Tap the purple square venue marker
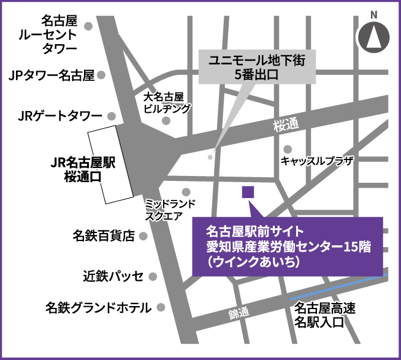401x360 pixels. pyautogui.click(x=248, y=193)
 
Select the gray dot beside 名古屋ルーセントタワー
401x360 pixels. pyautogui.click(x=89, y=26)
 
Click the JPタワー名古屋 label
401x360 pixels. pyautogui.click(x=52, y=75)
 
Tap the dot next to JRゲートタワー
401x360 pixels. pyautogui.click(x=111, y=115)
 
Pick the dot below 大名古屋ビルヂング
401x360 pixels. pyautogui.click(x=166, y=121)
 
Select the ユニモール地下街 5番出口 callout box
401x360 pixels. pyautogui.click(x=258, y=67)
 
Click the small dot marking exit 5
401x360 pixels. pyautogui.click(x=210, y=156)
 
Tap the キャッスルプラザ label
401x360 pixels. pyautogui.click(x=317, y=161)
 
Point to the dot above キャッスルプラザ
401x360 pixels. pyautogui.click(x=288, y=148)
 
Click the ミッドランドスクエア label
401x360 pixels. pyautogui.click(x=170, y=209)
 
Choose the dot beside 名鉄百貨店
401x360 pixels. pyautogui.click(x=143, y=236)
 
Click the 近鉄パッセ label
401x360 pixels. pyautogui.click(x=113, y=275)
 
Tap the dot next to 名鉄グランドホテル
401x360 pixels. pyautogui.click(x=161, y=307)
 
